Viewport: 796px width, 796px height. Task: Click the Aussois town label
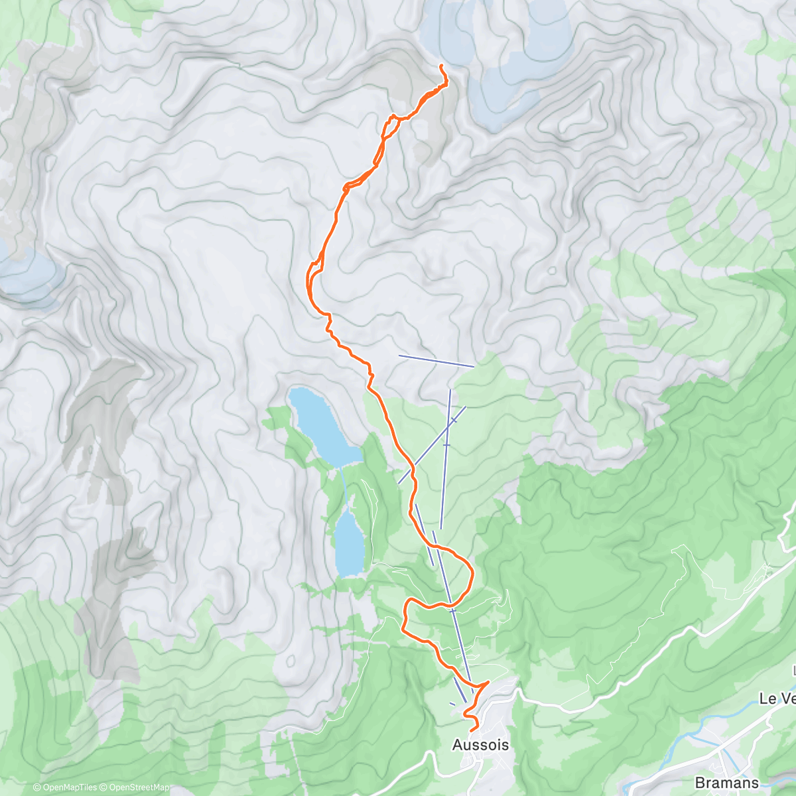point(480,745)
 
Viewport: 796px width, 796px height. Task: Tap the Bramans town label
point(726,782)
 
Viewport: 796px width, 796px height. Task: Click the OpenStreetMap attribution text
point(136,787)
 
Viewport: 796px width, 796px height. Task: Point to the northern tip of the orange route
point(441,65)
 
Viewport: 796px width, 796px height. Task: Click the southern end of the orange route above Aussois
point(470,730)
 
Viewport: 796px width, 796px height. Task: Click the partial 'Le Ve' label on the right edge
point(777,698)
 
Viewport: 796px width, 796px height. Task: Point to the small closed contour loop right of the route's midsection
point(553,270)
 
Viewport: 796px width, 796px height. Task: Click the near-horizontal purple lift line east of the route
point(436,361)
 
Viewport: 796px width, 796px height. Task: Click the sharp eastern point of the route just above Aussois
point(488,681)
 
